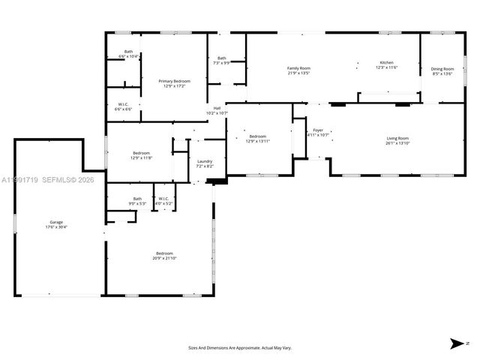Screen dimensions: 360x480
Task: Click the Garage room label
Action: (56, 223)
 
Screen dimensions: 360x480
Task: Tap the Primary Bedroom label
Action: (174, 83)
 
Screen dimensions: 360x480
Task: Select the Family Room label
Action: (298, 70)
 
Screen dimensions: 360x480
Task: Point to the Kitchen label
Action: (386, 64)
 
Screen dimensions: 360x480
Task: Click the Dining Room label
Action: (443, 70)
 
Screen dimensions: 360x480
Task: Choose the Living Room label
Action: (397, 140)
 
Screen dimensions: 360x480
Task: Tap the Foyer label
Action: (318, 133)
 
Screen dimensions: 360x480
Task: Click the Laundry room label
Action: (205, 163)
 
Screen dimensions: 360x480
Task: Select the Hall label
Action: (217, 110)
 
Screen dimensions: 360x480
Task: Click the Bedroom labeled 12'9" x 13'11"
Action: (258, 138)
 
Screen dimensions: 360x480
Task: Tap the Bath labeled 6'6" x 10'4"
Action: (129, 54)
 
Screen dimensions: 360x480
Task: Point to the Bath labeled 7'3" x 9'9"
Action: (221, 60)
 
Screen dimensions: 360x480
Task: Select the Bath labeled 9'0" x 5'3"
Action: (137, 200)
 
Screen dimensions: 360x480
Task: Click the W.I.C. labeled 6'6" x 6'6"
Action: (123, 106)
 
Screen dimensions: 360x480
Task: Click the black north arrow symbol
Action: (456, 343)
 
